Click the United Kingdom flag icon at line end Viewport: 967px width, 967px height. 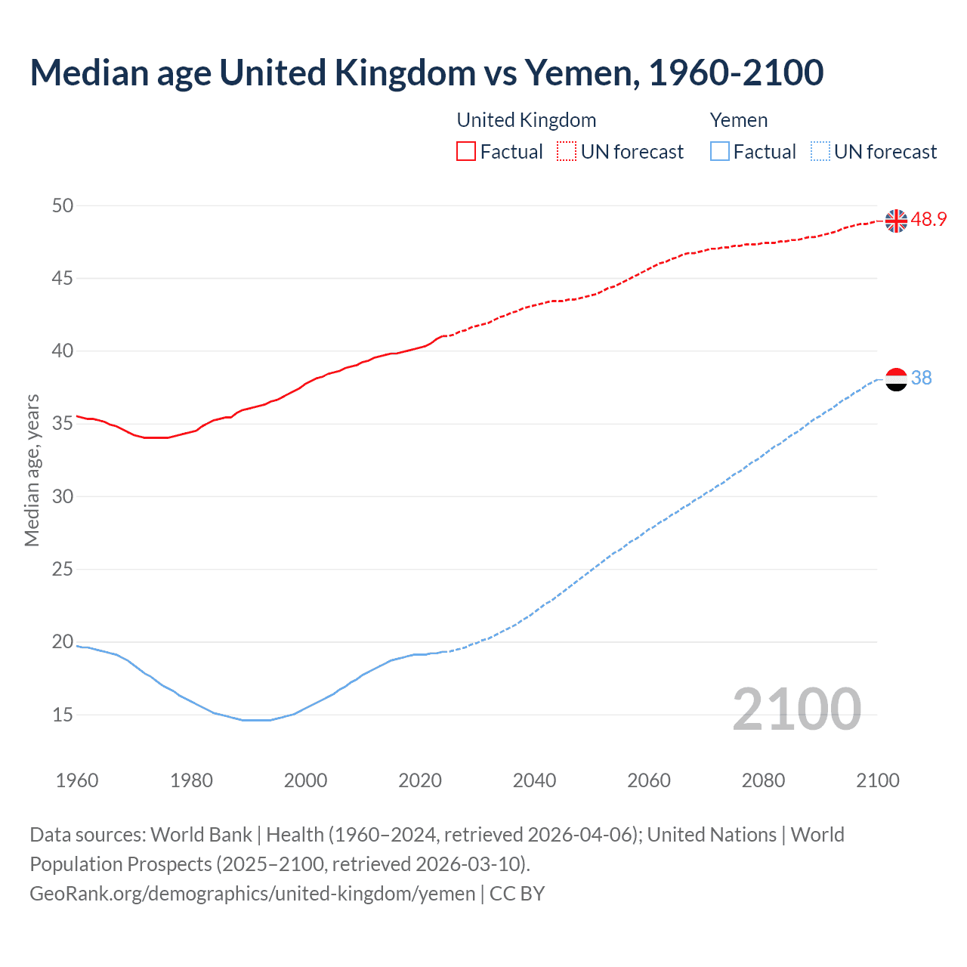896,221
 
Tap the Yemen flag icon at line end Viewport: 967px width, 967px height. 896,378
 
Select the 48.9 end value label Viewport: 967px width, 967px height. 928,220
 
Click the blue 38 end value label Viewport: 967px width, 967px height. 921,378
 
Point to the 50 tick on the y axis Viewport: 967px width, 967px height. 63,205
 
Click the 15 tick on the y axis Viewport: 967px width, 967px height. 63,715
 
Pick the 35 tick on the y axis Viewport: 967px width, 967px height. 63,424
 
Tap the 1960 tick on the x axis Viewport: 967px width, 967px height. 77,780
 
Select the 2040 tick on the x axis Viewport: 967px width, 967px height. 534,780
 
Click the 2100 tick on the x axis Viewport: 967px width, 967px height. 877,780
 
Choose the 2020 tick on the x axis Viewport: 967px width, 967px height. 420,780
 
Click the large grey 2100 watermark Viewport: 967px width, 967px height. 796,709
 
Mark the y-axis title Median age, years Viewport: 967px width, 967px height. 32,470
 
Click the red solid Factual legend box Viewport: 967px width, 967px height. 466,151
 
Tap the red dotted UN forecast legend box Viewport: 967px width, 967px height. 567,151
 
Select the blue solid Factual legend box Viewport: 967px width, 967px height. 720,151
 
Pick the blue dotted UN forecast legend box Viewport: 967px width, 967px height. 820,151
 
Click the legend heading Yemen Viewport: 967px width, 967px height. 738,120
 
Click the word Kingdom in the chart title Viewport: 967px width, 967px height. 404,73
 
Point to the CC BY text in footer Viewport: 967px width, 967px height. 517,893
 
